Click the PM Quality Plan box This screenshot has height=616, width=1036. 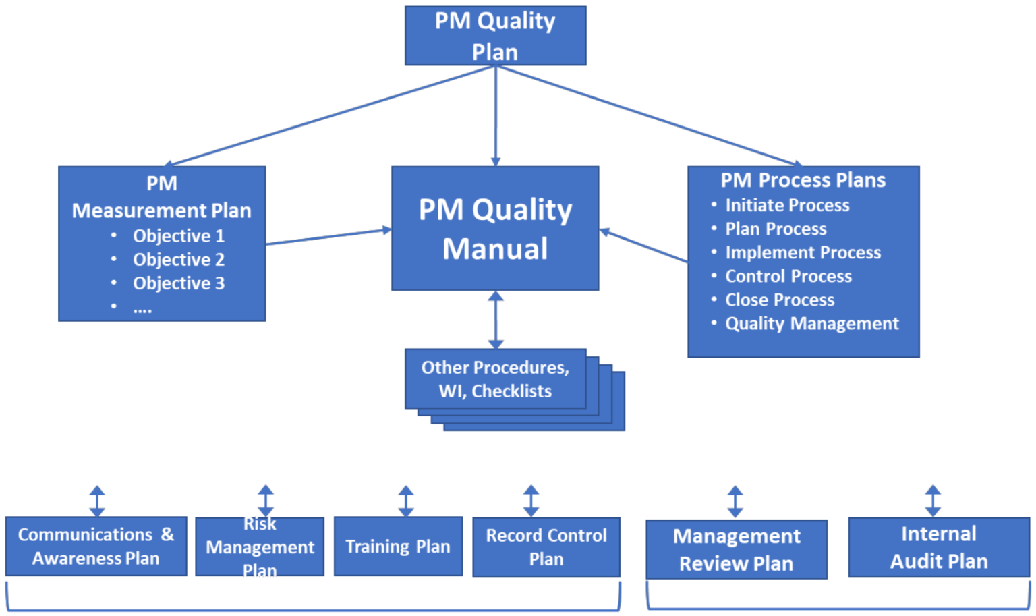[x=495, y=36]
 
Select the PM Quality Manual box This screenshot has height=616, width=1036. [x=495, y=229]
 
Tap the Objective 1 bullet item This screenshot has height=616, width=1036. [x=178, y=236]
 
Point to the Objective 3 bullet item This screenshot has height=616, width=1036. [x=178, y=283]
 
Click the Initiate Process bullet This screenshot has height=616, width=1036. [x=786, y=205]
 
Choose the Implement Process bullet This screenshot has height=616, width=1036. [x=803, y=252]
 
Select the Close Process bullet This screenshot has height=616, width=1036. [x=779, y=300]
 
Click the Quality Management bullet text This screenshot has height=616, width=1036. [x=811, y=324]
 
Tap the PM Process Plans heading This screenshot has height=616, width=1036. [x=803, y=180]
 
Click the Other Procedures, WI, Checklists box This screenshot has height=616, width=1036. [x=495, y=379]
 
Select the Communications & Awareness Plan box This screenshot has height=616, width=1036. [x=96, y=547]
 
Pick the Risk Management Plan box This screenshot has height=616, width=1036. [x=260, y=547]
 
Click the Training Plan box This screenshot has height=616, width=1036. [x=398, y=547]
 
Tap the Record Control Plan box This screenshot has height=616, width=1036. [x=546, y=547]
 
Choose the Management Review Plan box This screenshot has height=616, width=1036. [x=736, y=549]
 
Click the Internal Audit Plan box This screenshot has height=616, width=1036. [x=938, y=547]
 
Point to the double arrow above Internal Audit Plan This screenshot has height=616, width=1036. [x=933, y=501]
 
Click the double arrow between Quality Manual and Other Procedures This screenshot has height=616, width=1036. [x=496, y=320]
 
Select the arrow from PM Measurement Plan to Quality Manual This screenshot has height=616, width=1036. [x=328, y=236]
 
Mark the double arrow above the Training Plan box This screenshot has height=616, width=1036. [x=406, y=501]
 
